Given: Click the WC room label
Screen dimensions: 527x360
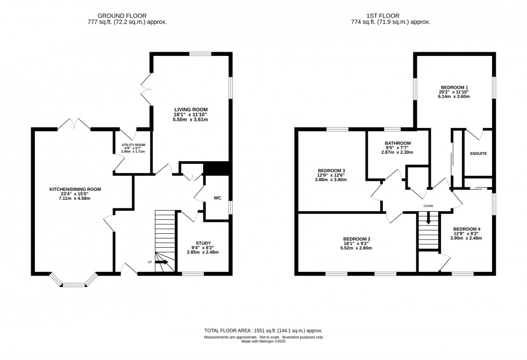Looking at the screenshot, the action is click(217, 198).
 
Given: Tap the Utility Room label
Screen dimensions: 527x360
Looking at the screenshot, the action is click(133, 145).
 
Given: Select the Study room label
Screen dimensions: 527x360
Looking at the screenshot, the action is click(203, 243).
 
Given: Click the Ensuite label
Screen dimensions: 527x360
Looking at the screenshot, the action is click(478, 154).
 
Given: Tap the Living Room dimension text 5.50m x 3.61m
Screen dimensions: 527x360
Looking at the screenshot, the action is click(190, 119).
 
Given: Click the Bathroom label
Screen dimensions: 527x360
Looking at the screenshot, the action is click(398, 143).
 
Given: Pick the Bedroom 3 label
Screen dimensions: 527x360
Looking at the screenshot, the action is click(330, 170).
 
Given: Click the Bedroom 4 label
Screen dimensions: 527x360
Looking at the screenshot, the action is click(468, 229).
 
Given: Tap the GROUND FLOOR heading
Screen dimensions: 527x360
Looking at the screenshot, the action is click(122, 16).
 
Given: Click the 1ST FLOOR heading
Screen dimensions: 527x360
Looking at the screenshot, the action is click(383, 16).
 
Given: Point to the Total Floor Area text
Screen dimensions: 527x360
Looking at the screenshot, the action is click(263, 330).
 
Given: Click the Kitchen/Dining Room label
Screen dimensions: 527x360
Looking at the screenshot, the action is click(75, 189).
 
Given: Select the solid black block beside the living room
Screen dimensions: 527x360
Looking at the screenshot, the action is click(217, 168).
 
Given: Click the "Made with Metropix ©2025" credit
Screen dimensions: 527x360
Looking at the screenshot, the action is click(263, 341).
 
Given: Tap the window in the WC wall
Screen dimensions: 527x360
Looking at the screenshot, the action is click(231, 207).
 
